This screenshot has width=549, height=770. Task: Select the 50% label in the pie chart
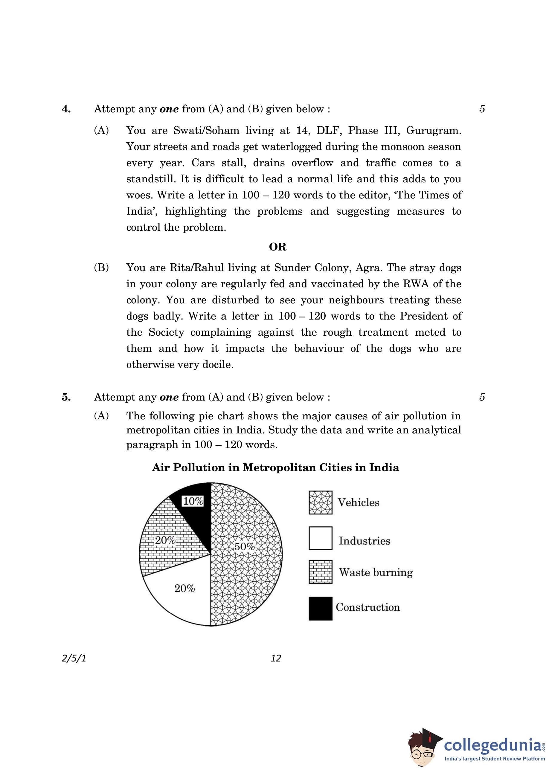pos(244,546)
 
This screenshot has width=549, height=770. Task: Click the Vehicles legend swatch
pos(321,502)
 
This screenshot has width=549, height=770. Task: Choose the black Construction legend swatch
pos(321,609)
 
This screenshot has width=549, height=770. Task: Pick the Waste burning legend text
pos(376,572)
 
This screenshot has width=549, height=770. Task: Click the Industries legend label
pos(365,541)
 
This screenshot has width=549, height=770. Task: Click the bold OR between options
pos(277,247)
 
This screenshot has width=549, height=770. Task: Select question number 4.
pos(66,109)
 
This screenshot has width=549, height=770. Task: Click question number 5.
pos(66,397)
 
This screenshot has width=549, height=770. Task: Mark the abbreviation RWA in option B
pos(416,284)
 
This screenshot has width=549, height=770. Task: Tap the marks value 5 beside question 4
pos(482,109)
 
